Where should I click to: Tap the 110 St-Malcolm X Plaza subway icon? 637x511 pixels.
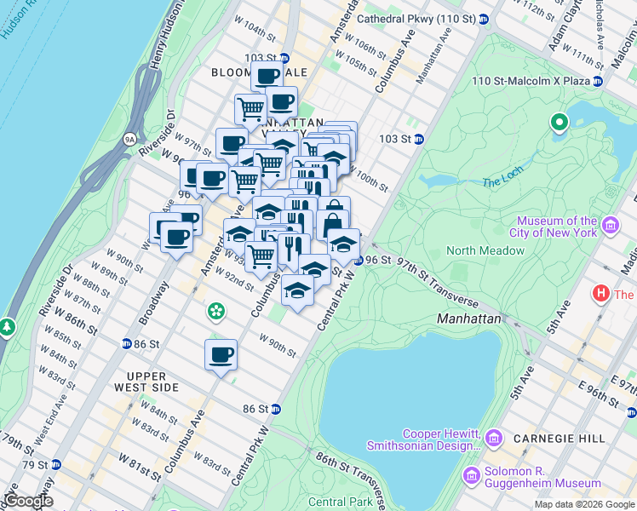tap(598, 81)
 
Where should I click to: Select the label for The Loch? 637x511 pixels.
tap(500, 182)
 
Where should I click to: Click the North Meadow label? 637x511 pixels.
tap(485, 250)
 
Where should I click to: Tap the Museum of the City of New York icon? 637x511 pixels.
tap(610, 226)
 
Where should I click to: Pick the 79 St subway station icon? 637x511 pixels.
tap(55, 464)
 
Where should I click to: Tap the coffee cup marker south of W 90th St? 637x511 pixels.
tap(221, 354)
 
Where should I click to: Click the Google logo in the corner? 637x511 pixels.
tap(28, 501)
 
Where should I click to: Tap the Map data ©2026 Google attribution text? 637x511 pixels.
tap(584, 504)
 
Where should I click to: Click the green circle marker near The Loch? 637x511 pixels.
tap(560, 123)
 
